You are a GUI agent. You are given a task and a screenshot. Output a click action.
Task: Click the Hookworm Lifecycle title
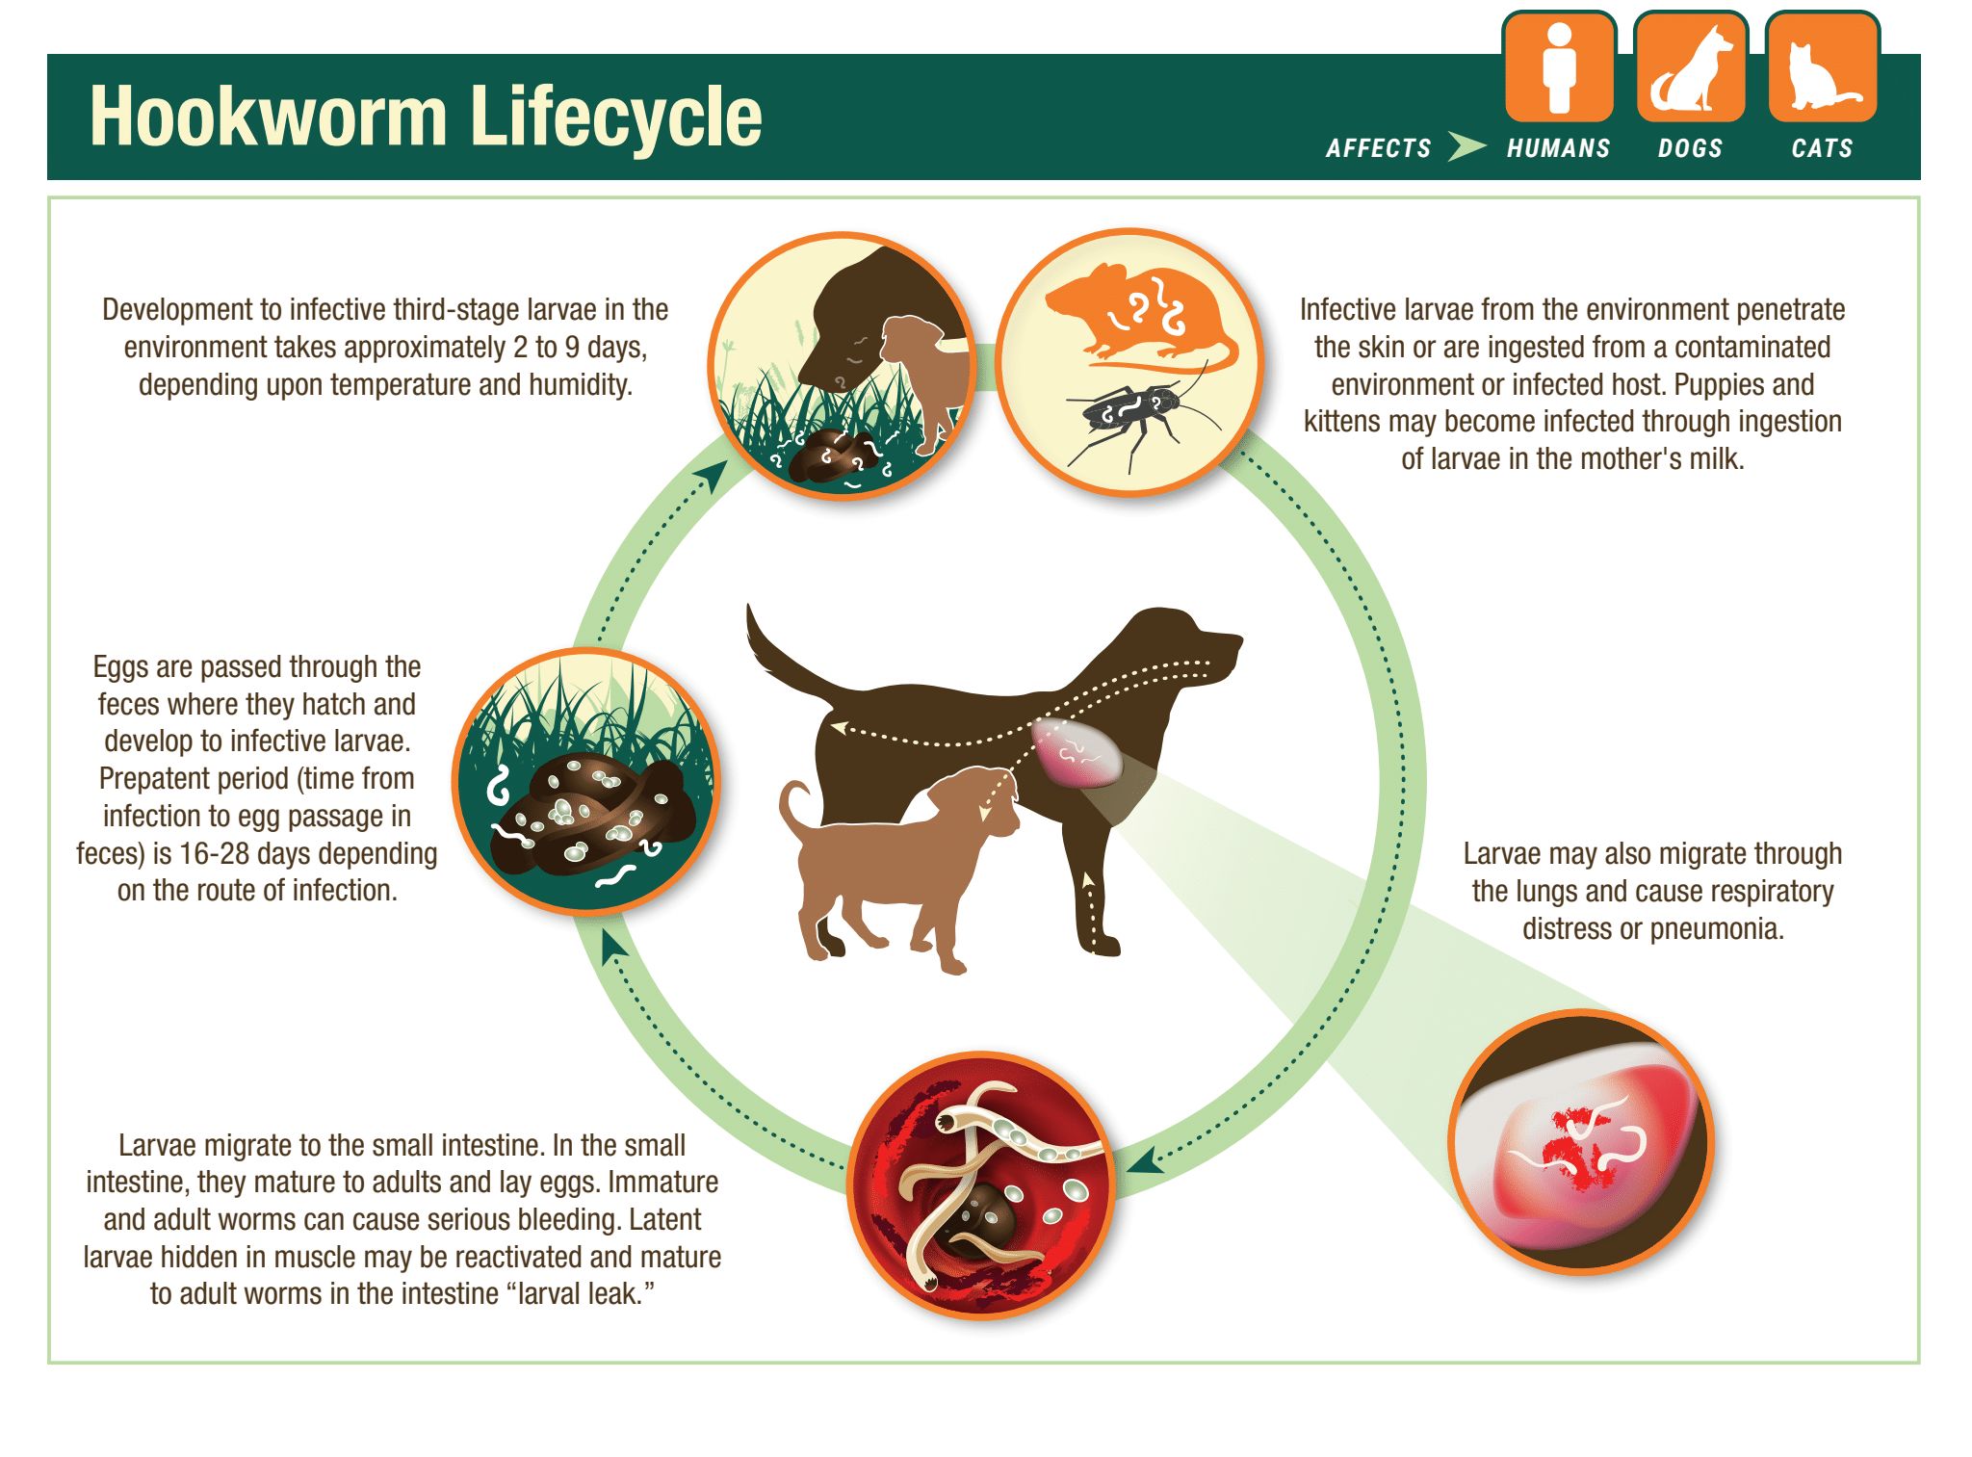(x=426, y=117)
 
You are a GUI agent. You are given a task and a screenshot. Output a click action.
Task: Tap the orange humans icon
(x=1559, y=68)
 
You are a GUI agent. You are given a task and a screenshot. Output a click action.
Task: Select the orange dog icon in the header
(x=1691, y=68)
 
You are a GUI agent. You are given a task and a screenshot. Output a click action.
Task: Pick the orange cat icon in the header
(x=1822, y=68)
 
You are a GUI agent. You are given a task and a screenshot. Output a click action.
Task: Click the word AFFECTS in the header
(x=1378, y=148)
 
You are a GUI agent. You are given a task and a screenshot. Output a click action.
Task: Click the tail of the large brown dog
(x=780, y=655)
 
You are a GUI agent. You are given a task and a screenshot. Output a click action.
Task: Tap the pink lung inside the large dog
(x=1077, y=751)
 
